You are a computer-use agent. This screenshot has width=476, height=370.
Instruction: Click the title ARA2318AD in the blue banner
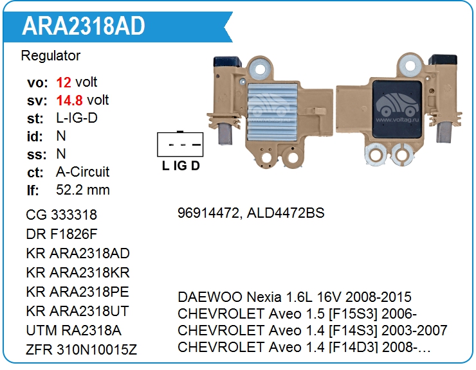(x=84, y=26)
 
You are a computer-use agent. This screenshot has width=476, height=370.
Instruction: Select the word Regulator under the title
(x=51, y=56)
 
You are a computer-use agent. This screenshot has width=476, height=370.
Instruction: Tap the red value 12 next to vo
(x=64, y=82)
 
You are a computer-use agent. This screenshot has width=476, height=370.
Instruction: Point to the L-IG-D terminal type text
(x=77, y=118)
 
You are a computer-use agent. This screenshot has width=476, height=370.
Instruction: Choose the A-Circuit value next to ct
(x=83, y=172)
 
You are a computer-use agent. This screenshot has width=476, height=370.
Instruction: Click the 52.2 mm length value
(x=83, y=190)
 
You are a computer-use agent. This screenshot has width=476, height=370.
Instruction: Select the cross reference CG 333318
(x=62, y=215)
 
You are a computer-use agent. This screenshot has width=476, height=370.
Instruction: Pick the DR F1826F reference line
(x=62, y=233)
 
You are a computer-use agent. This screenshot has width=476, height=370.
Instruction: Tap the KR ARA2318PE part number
(x=78, y=292)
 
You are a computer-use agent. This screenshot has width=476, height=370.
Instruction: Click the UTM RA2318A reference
(x=73, y=331)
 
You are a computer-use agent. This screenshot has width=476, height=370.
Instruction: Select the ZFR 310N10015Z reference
(x=82, y=349)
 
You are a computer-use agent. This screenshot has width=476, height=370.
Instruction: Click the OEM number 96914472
(x=207, y=213)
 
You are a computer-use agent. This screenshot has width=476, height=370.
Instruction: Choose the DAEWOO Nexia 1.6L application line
(x=295, y=297)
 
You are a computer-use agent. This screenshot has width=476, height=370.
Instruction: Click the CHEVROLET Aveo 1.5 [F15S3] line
(x=297, y=314)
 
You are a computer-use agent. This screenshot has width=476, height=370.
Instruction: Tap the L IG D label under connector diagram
(x=181, y=166)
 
